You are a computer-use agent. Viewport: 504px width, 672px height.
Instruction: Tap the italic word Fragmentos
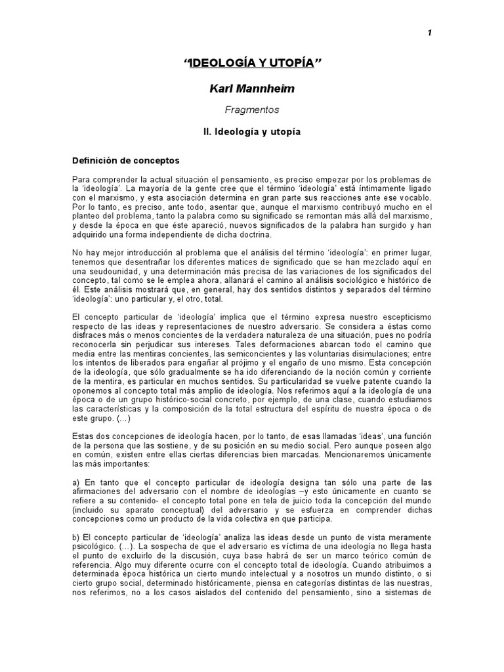[x=251, y=111]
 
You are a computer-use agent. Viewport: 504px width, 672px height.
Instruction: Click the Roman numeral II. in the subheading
[x=208, y=132]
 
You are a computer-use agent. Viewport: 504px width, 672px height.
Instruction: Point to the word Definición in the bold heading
[x=94, y=159]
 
